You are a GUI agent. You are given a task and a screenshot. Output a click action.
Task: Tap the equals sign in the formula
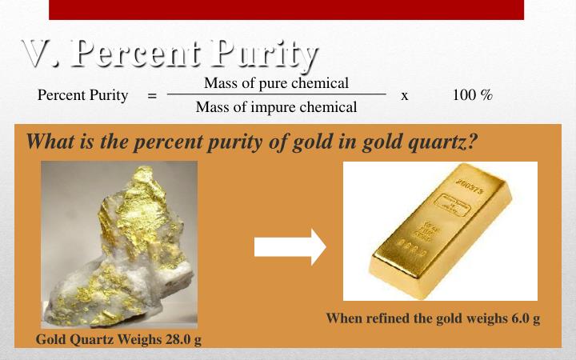click(x=152, y=96)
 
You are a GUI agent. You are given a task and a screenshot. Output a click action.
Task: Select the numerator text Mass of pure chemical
click(x=276, y=83)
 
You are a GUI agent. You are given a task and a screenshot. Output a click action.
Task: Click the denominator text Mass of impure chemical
click(x=276, y=107)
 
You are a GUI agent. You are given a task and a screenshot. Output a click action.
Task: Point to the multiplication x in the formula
click(x=405, y=96)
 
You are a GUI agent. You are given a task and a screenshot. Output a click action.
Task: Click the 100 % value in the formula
click(x=472, y=96)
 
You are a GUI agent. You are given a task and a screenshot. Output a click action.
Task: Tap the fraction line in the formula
click(x=276, y=94)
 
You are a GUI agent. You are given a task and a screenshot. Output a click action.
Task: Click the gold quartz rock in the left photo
click(x=120, y=248)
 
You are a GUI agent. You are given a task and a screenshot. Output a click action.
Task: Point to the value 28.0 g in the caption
click(x=183, y=340)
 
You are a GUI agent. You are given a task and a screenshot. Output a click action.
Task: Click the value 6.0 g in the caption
click(x=523, y=318)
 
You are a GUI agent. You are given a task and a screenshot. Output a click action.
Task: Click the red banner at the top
click(x=286, y=9)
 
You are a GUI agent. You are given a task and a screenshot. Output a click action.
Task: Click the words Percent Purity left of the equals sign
click(x=82, y=96)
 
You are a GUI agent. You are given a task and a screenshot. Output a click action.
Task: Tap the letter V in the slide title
click(x=36, y=54)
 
